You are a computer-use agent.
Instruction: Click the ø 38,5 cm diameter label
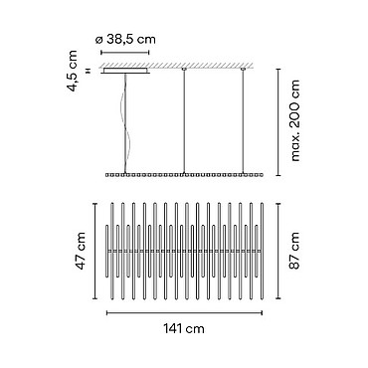[x=125, y=40]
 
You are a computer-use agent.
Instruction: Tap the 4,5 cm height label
[x=72, y=71]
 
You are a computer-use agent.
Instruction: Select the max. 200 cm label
[x=294, y=120]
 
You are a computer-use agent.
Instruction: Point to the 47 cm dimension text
[x=80, y=251]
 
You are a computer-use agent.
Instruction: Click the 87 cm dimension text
[x=294, y=251]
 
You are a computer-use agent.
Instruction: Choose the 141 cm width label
[x=184, y=329]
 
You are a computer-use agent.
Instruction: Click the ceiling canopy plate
[x=125, y=71]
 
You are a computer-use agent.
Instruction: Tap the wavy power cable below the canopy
[x=125, y=123]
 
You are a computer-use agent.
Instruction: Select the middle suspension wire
[x=184, y=121]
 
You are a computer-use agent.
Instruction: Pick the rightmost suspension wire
[x=243, y=121]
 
